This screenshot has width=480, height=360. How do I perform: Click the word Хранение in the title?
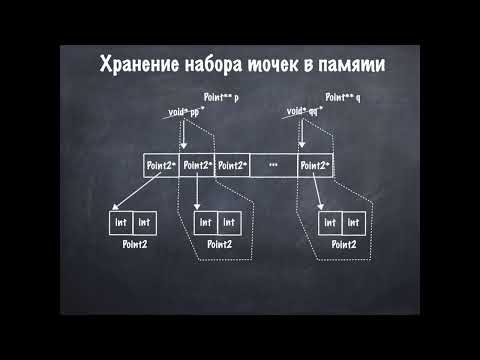pyautogui.click(x=136, y=67)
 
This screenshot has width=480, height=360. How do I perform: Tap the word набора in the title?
pyautogui.click(x=219, y=67)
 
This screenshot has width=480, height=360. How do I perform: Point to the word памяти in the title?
pyautogui.click(x=350, y=67)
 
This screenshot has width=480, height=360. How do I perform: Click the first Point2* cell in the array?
pyautogui.click(x=161, y=164)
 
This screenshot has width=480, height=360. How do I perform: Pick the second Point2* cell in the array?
pyautogui.click(x=197, y=164)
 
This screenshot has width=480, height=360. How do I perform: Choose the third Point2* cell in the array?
pyautogui.click(x=232, y=164)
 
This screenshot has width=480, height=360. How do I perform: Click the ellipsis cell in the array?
pyautogui.click(x=273, y=164)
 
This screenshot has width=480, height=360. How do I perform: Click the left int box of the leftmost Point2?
pyautogui.click(x=120, y=221)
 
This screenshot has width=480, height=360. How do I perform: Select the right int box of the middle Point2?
pyautogui.click(x=229, y=221)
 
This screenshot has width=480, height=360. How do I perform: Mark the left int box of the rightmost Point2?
pyautogui.click(x=329, y=221)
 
